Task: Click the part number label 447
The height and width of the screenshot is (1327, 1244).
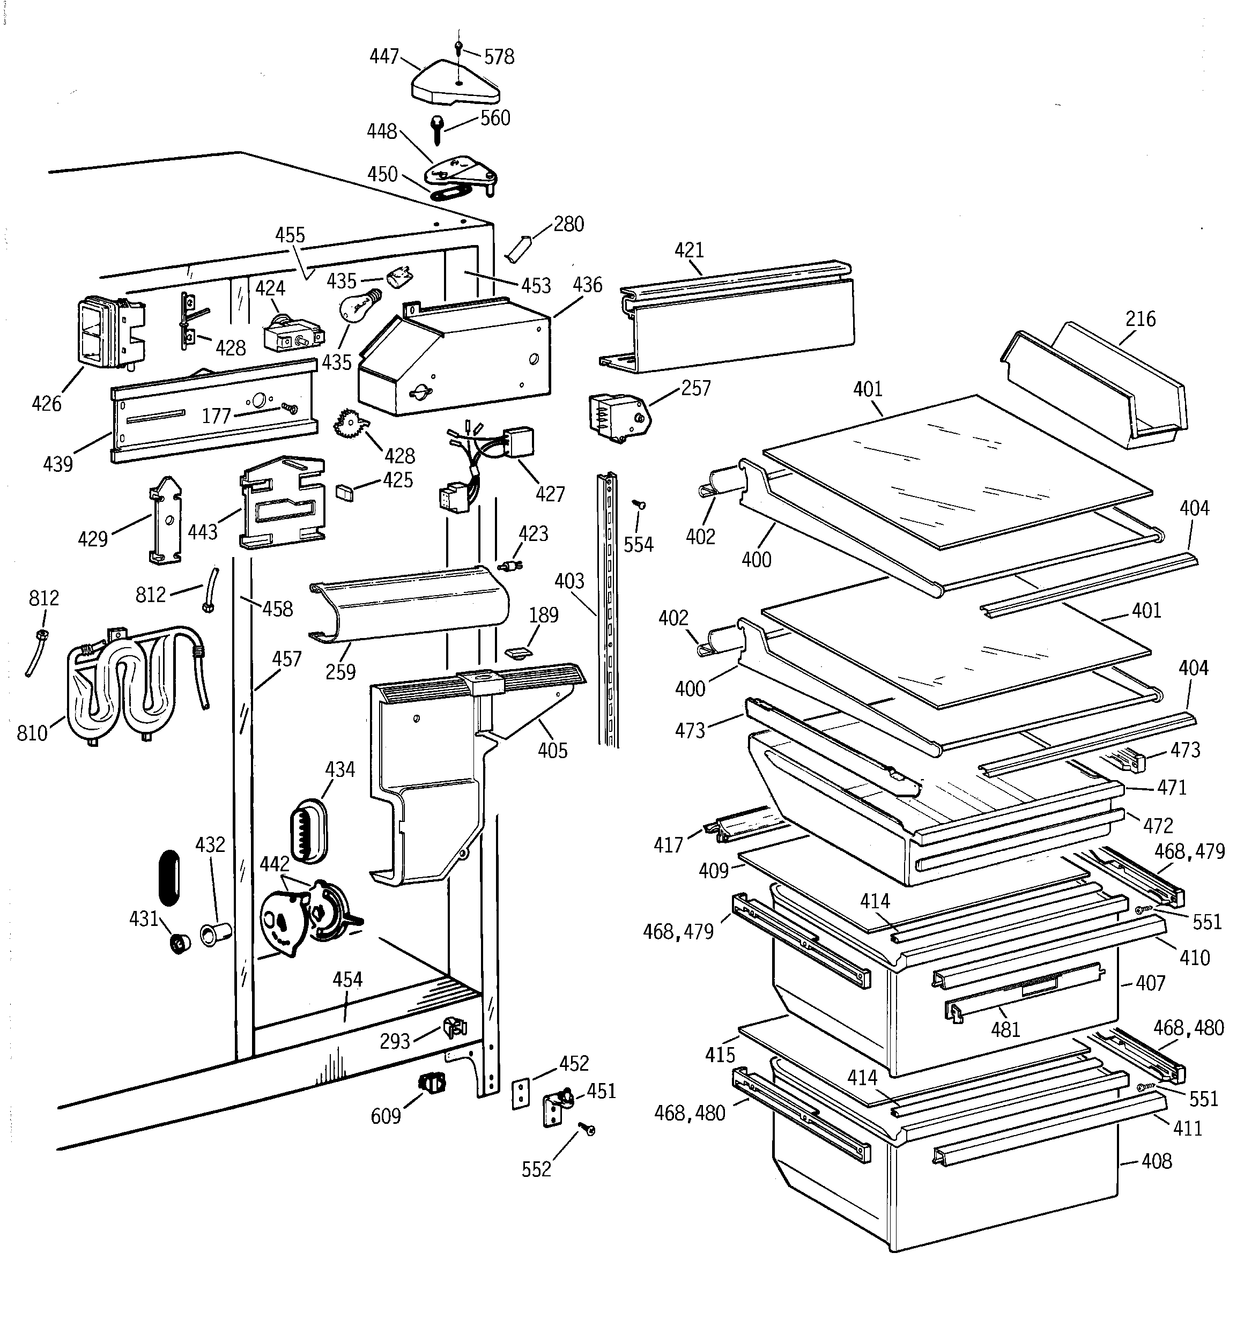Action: click(384, 56)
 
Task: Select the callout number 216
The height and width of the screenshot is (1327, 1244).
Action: click(1141, 318)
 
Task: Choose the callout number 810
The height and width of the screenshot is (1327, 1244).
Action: click(32, 733)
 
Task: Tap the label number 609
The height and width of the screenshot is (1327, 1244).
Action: click(386, 1115)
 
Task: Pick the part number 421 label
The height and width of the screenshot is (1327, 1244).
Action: click(689, 250)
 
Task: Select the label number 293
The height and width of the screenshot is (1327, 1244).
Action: click(395, 1041)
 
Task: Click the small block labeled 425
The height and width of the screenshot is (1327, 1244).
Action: click(345, 493)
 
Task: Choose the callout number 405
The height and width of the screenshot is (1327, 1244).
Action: click(552, 750)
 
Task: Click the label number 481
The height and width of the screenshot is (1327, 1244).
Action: click(1005, 1029)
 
